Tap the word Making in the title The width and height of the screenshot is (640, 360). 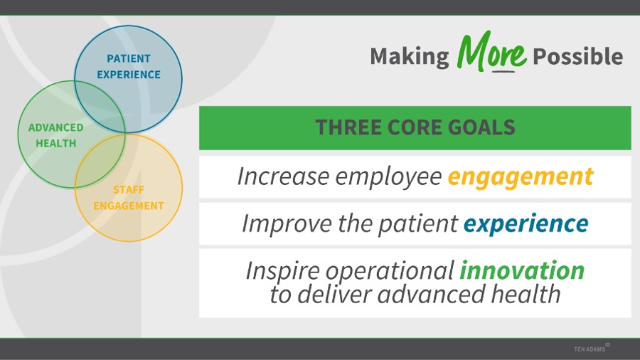click(410, 56)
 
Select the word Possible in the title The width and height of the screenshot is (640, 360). click(578, 56)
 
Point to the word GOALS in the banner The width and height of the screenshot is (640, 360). click(481, 127)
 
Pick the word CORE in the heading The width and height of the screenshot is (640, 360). click(415, 127)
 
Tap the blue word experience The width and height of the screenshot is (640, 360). click(526, 224)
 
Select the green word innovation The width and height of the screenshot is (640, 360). click(522, 270)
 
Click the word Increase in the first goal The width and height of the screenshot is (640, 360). click(283, 176)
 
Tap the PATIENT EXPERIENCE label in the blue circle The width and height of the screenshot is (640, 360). click(129, 67)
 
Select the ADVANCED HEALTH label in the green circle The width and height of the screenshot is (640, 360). click(56, 135)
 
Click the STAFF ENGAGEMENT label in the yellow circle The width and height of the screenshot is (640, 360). click(129, 198)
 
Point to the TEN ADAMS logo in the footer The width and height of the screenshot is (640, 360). click(592, 348)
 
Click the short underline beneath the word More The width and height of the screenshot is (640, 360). click(503, 72)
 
